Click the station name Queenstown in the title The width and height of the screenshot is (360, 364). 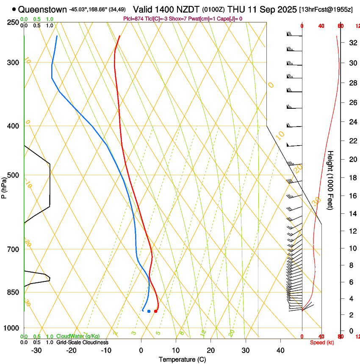coord(42,9)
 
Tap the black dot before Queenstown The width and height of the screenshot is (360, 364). coord(14,9)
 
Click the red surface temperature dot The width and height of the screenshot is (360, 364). coord(156,311)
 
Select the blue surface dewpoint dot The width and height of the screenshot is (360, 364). coord(149,311)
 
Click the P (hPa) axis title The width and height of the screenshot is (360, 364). coord(4,187)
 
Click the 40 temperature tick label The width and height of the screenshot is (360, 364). coord(280,350)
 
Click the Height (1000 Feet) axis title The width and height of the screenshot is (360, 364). coord(330,180)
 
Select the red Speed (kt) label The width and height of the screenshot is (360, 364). coord(322,342)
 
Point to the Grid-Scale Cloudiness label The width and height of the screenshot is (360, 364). coord(82,342)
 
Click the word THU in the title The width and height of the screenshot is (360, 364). coord(236,9)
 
